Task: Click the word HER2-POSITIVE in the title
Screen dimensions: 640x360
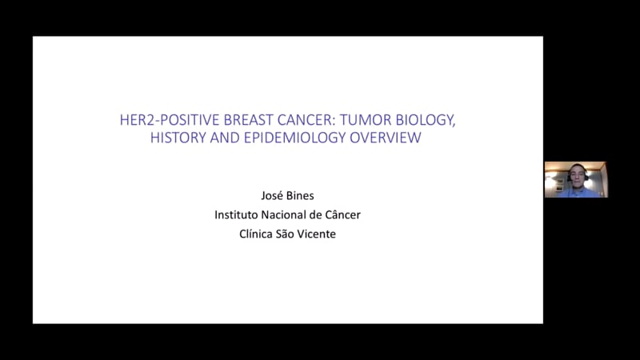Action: click(170, 120)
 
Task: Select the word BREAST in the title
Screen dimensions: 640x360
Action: click(249, 120)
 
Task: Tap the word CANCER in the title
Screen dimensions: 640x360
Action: click(306, 120)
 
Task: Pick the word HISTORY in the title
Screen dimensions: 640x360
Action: click(178, 138)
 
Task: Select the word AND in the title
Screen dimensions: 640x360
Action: click(225, 138)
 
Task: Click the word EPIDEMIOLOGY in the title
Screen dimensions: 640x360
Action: click(294, 138)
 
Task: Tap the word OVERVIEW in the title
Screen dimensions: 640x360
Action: click(386, 138)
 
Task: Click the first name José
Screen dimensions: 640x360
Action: click(271, 195)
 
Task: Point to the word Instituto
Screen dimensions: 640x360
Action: click(236, 214)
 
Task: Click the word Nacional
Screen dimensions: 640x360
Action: click(281, 214)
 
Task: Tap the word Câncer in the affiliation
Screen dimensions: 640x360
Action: click(343, 214)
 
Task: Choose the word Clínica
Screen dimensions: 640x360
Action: click(255, 234)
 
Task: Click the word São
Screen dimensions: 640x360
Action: click(285, 234)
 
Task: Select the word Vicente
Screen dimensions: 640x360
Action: click(316, 234)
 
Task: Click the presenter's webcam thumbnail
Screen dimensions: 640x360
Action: click(576, 179)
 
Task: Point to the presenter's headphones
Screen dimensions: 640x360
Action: click(577, 174)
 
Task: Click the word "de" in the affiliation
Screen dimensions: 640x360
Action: click(313, 214)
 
